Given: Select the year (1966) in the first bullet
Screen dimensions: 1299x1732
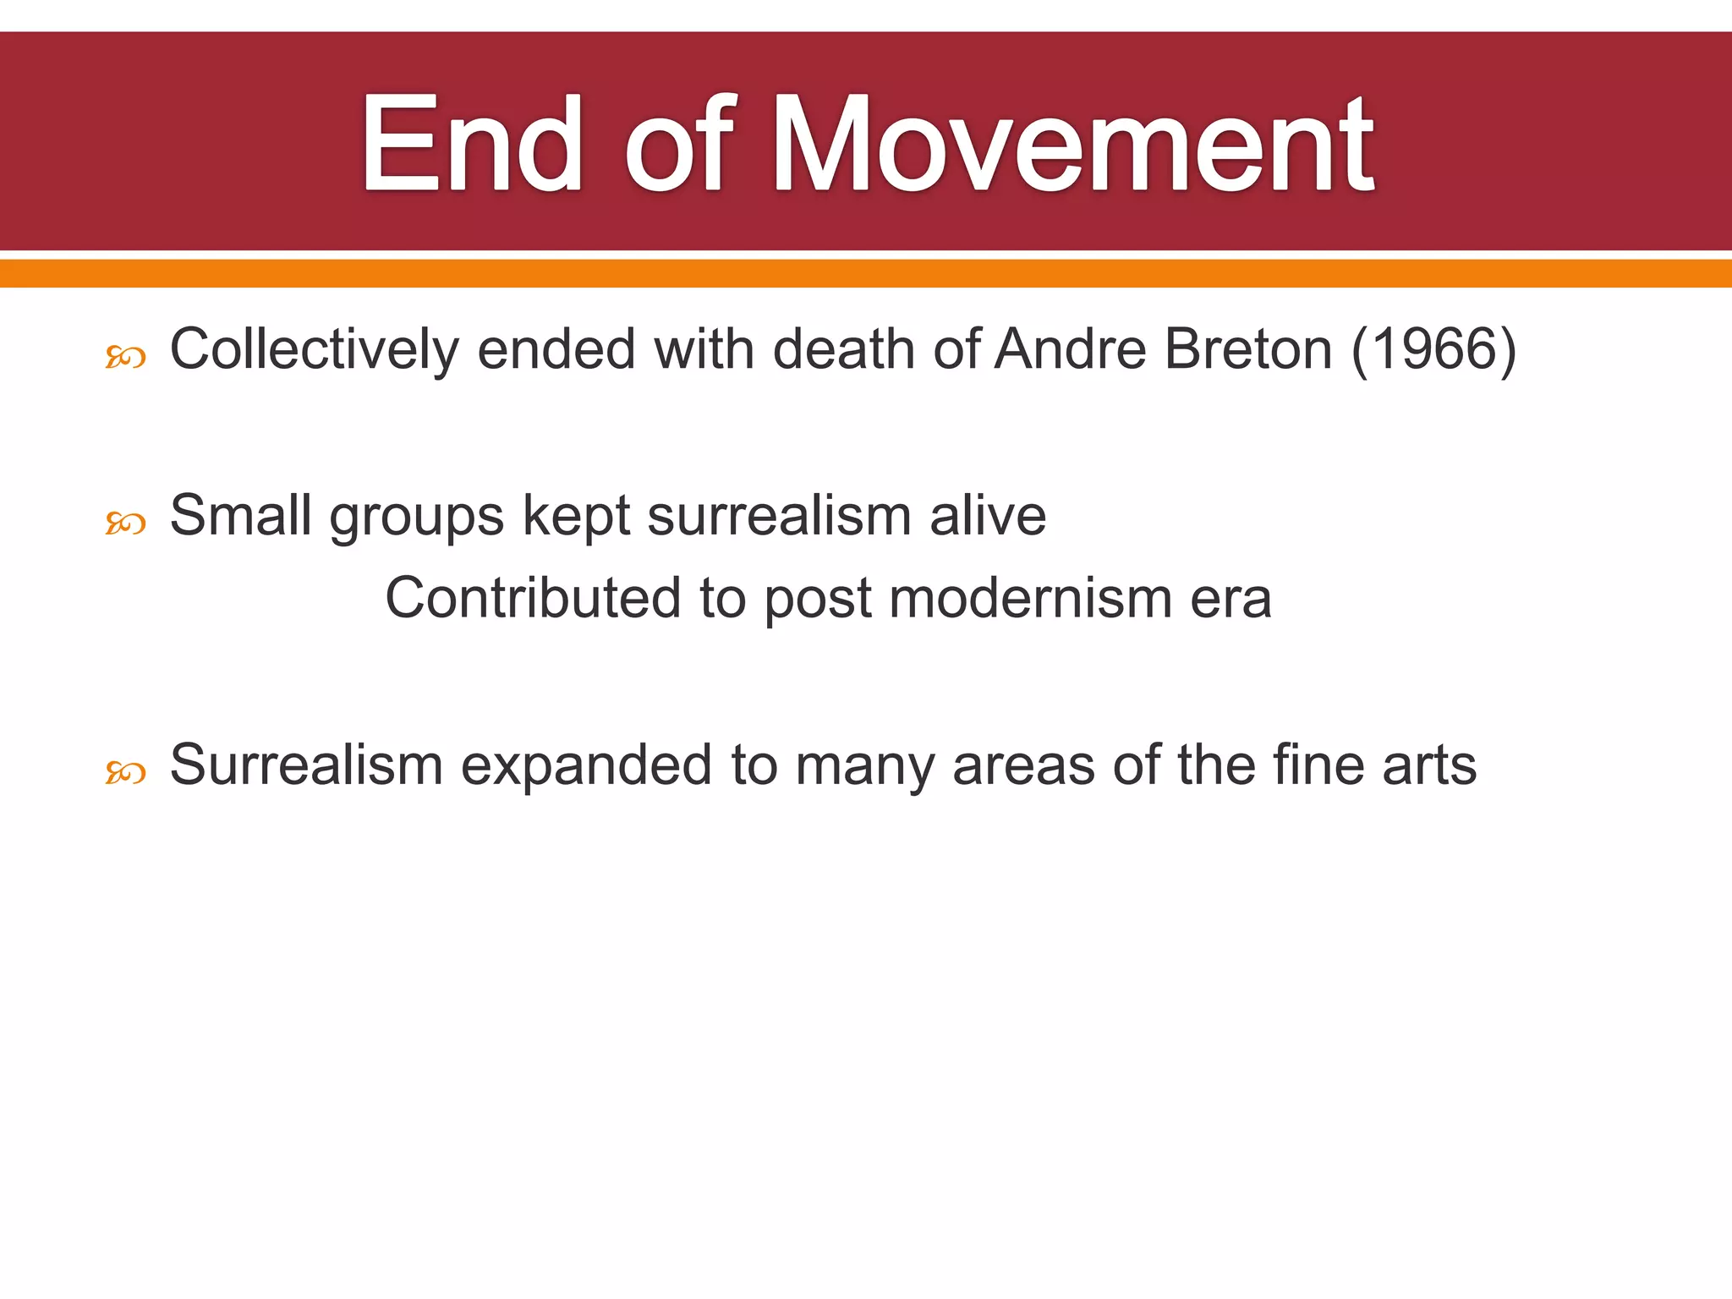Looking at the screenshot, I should pyautogui.click(x=1433, y=349).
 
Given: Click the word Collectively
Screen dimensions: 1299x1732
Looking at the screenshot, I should pyautogui.click(x=314, y=349).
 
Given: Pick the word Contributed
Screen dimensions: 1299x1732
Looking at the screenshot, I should pyautogui.click(x=533, y=598).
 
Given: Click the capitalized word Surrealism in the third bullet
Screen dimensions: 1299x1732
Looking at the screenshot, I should pyautogui.click(x=306, y=765).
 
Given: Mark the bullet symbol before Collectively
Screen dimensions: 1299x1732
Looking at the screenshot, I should pyautogui.click(x=125, y=358).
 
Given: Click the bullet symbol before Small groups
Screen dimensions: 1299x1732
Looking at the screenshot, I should pyautogui.click(x=125, y=523).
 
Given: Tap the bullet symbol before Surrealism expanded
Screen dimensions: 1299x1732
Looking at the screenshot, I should pyautogui.click(x=125, y=772).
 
